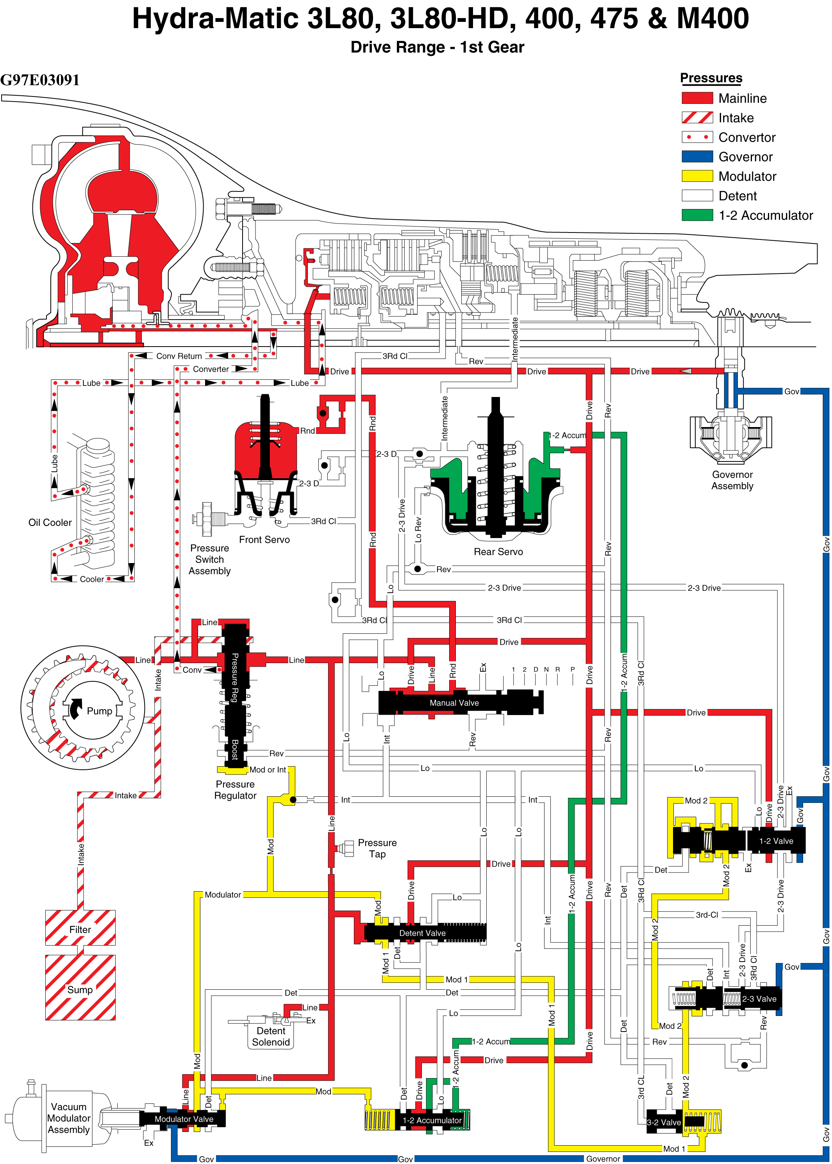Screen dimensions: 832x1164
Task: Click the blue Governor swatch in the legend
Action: (x=697, y=156)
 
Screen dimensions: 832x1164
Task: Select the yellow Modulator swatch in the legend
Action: (x=697, y=176)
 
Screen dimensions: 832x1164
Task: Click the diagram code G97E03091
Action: (x=40, y=80)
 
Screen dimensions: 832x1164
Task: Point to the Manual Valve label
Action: (x=454, y=703)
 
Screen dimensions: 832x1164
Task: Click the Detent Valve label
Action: (x=422, y=933)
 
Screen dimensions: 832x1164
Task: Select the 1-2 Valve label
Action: (x=776, y=841)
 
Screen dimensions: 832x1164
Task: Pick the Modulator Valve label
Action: (x=184, y=1119)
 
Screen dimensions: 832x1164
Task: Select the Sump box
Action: (x=80, y=987)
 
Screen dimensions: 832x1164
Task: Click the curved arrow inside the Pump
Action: (x=75, y=708)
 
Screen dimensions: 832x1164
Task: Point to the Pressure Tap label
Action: (x=377, y=848)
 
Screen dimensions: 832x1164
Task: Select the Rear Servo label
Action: (x=498, y=551)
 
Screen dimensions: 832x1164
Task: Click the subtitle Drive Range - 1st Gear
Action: (x=437, y=47)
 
